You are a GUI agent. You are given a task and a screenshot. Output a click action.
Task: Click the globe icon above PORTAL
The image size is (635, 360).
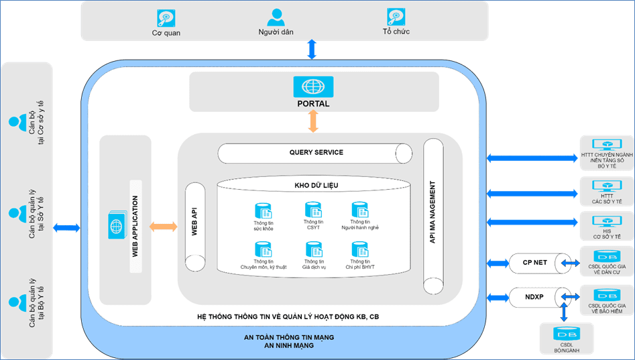click(313, 86)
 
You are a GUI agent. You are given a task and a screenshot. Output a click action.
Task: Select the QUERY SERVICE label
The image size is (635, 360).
click(316, 152)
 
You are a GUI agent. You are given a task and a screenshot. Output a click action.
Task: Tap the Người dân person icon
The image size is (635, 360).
click(275, 17)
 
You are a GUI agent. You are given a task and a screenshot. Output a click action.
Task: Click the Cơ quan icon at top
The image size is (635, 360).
click(166, 17)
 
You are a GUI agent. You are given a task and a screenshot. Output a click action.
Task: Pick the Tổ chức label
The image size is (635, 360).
click(396, 32)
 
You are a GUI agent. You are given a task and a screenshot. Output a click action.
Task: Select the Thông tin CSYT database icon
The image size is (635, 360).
click(313, 210)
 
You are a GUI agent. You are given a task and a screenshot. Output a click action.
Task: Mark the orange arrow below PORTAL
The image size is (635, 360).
click(313, 121)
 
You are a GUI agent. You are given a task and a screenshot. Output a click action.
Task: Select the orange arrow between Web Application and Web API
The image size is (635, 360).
click(164, 227)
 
